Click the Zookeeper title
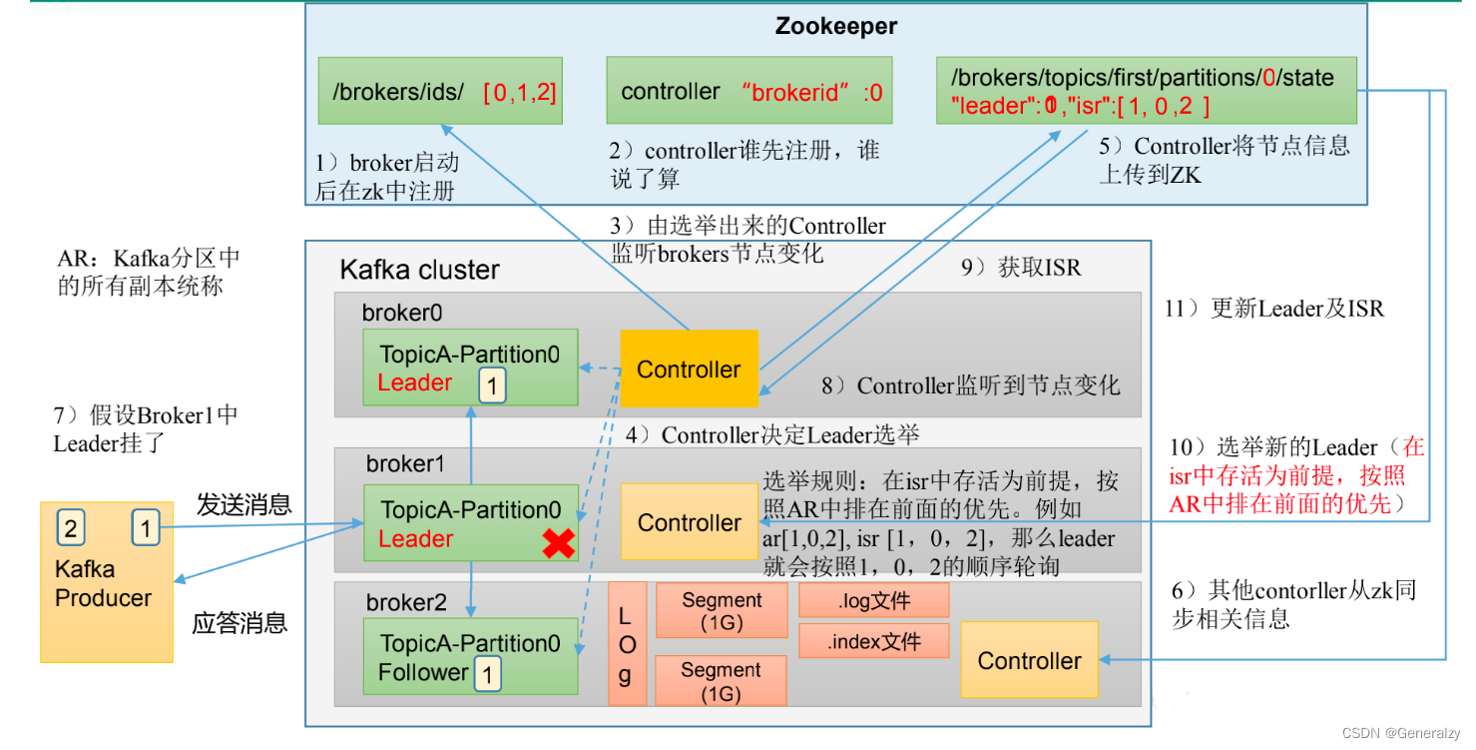(x=835, y=27)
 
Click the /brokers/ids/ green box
(x=439, y=92)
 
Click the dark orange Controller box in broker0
(x=689, y=370)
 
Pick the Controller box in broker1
(x=690, y=522)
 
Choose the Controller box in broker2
(x=1029, y=660)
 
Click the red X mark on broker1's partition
(x=558, y=542)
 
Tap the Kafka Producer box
(x=106, y=582)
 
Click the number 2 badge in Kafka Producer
(x=70, y=527)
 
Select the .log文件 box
(x=873, y=600)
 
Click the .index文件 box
(x=873, y=641)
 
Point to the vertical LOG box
(x=627, y=644)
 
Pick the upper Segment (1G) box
(x=722, y=610)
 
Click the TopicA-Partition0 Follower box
(x=470, y=657)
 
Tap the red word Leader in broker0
(x=414, y=382)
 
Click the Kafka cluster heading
(x=419, y=270)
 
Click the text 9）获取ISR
(x=1021, y=267)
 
